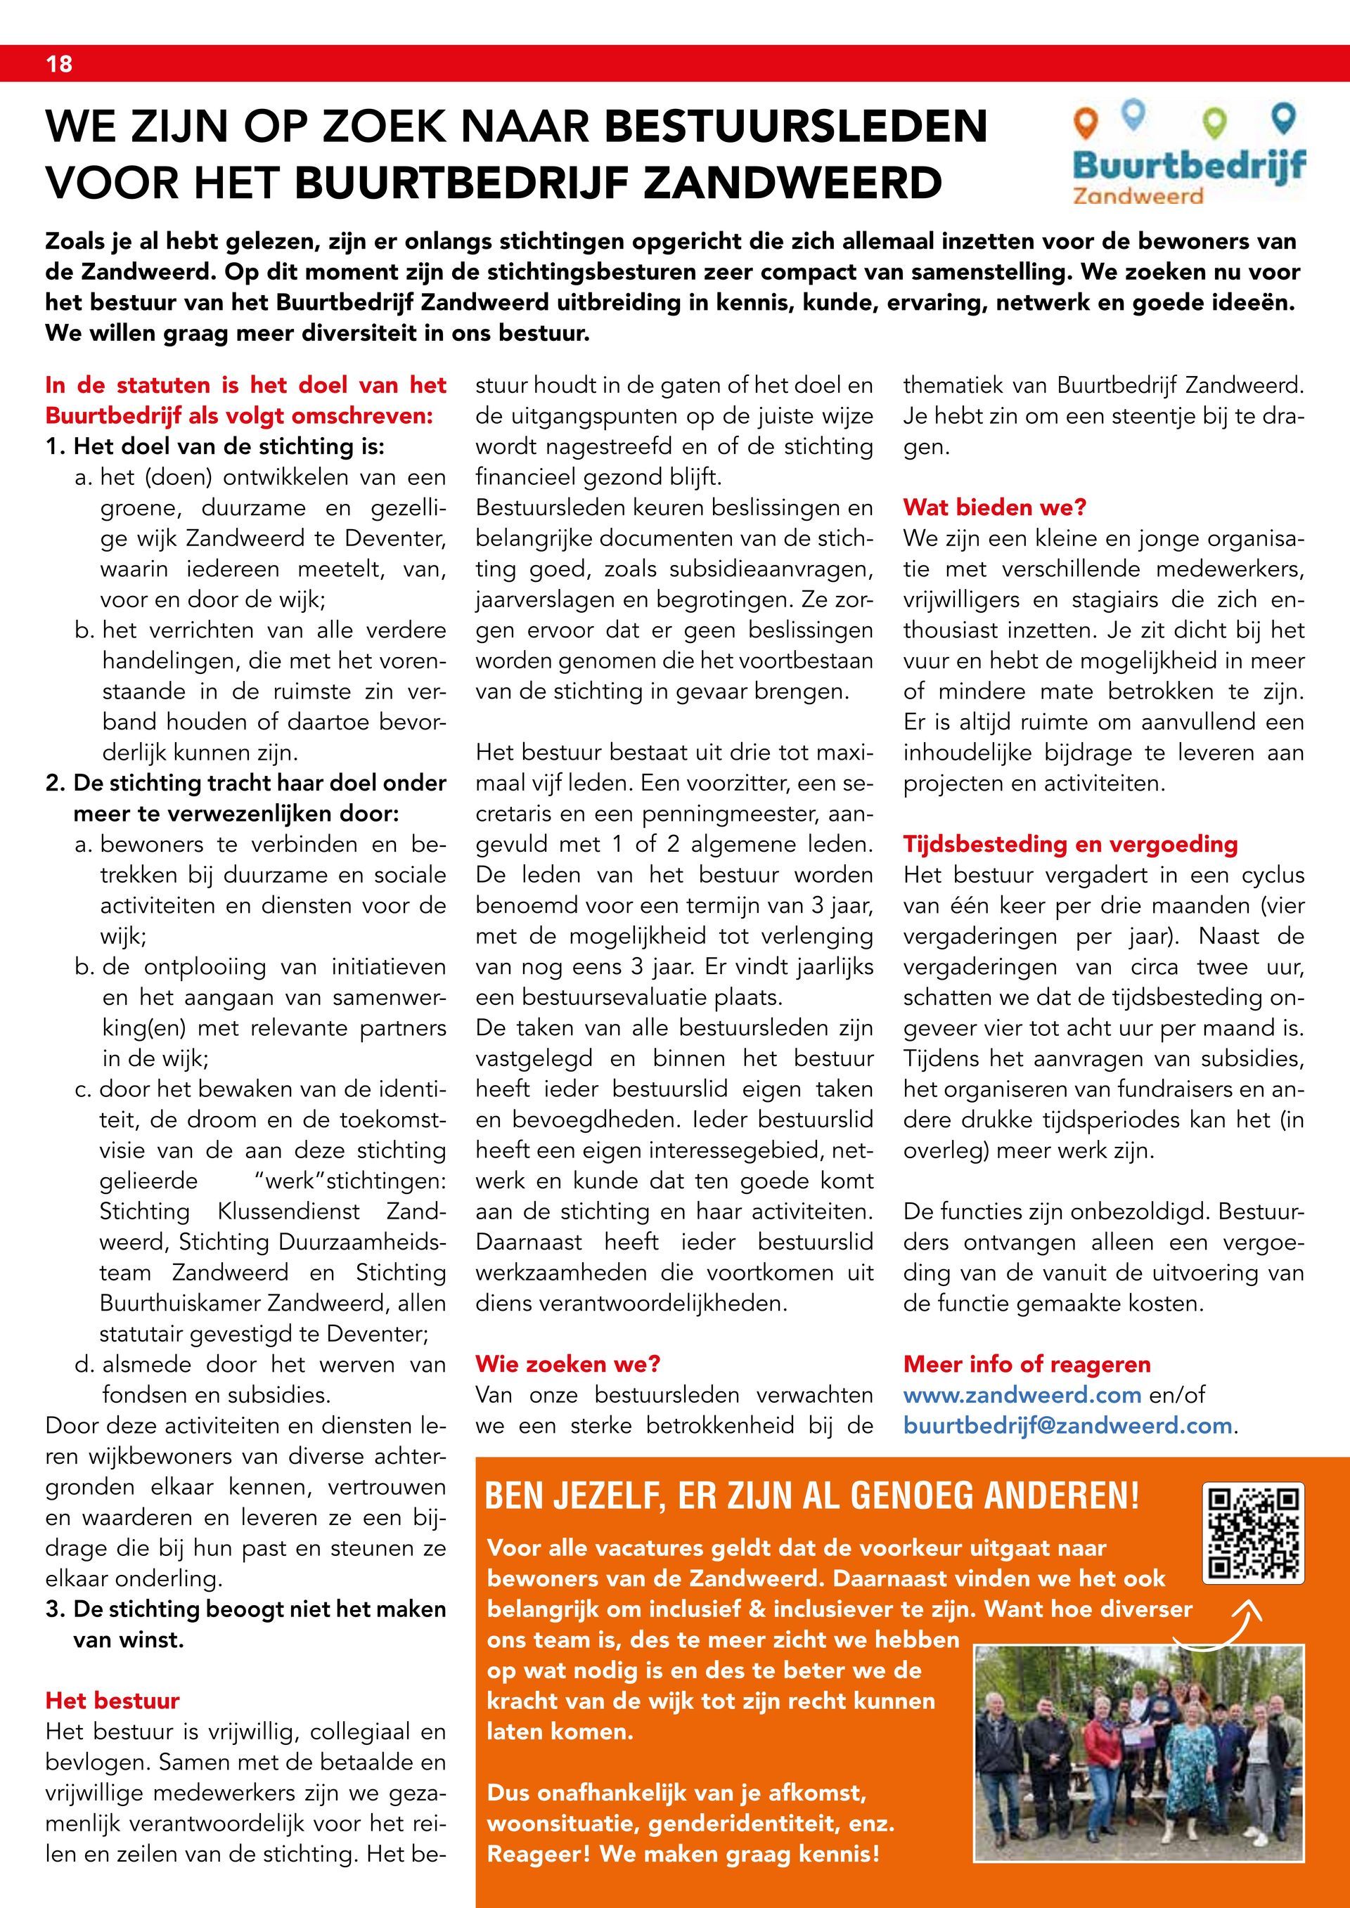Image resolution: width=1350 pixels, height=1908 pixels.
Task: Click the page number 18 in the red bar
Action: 59,64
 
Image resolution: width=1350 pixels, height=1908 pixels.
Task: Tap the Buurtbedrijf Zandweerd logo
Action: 1188,155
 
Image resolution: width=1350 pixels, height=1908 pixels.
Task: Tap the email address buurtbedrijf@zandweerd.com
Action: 1067,1426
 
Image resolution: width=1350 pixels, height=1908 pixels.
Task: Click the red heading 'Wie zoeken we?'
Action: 567,1365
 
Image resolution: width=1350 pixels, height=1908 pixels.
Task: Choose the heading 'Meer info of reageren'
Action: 1027,1365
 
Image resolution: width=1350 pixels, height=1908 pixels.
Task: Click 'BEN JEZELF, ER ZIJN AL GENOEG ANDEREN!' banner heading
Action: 811,1498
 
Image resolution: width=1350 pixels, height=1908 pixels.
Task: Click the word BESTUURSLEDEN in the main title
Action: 797,126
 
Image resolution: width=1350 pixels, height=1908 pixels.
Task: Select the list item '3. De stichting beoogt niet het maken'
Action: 246,1609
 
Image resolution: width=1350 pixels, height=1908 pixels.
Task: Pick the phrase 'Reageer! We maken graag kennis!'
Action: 683,1854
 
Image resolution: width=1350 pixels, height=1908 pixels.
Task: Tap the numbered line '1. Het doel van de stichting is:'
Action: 215,447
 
